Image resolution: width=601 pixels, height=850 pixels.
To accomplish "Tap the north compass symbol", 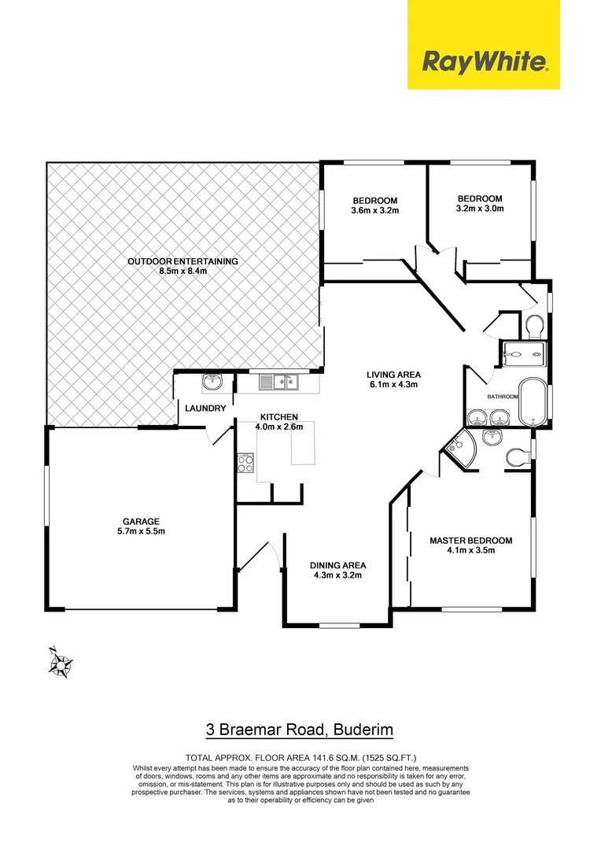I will click(59, 663).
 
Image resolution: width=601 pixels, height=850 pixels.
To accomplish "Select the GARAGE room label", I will click(141, 521).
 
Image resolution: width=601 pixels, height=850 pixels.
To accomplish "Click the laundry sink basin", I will click(212, 383).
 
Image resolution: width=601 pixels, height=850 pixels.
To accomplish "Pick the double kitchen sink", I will click(278, 383).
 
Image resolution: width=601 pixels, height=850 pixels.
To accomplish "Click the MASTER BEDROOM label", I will click(470, 541).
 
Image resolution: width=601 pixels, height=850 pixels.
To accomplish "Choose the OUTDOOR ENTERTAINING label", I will click(183, 261).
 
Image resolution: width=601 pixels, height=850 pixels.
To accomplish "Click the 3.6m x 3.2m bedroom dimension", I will click(374, 210).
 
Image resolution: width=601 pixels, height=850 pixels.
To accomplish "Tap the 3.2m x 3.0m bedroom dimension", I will click(479, 209).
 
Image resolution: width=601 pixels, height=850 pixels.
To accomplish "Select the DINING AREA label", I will click(337, 565).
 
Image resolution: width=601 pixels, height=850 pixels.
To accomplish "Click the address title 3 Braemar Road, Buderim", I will click(299, 730).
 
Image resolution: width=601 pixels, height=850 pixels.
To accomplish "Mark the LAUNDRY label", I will click(206, 408).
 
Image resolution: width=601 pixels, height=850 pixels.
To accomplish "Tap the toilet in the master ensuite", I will click(516, 456).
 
